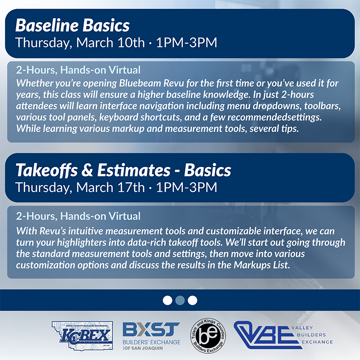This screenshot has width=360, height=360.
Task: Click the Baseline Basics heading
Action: pos(72,25)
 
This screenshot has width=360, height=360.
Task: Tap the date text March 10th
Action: pos(110,43)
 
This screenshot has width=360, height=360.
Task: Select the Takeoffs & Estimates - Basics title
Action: pos(123,170)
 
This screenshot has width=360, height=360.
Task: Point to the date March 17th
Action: pos(110,187)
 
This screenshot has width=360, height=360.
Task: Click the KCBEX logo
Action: pos(82,335)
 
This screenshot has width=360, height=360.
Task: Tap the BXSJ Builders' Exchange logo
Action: pos(152,336)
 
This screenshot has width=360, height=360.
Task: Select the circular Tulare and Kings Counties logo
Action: pos(208,336)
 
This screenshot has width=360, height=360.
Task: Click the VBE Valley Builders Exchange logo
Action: pos(283,335)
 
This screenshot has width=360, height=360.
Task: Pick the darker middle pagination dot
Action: pos(180,300)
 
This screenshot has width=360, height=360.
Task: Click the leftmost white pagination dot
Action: pos(167,300)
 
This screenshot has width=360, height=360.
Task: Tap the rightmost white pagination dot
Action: pos(193,300)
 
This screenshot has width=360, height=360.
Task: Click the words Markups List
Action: pos(262,265)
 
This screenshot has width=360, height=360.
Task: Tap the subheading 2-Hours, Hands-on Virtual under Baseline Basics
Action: pos(78,70)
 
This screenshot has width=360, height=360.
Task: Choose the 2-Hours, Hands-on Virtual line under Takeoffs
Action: pos(78,216)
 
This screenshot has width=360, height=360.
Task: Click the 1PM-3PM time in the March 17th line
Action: pos(186,187)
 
